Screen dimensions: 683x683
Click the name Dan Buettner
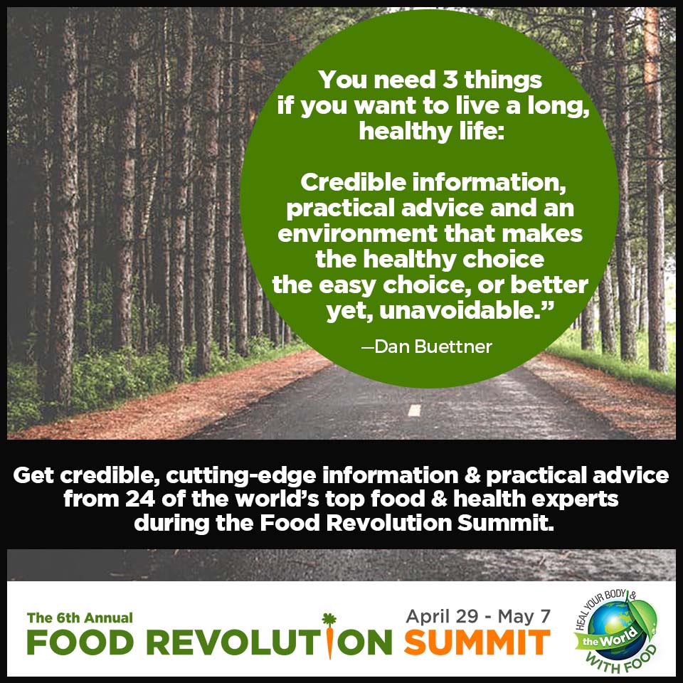tap(433, 346)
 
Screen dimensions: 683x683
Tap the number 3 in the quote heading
tap(450, 80)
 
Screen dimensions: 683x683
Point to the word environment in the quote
tap(357, 233)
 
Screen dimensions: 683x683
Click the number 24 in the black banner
tap(140, 499)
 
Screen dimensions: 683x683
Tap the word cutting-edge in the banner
tap(241, 476)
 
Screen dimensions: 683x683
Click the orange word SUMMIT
tap(477, 642)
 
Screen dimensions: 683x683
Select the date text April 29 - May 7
tap(478, 616)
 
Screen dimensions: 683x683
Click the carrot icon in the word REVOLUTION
tap(329, 636)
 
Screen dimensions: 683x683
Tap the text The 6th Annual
tap(80, 618)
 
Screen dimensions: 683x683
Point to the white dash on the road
tap(414, 411)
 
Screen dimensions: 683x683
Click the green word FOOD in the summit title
tap(80, 642)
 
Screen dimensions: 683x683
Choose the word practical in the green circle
tap(341, 208)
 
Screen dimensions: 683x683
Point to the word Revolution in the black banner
tap(388, 523)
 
